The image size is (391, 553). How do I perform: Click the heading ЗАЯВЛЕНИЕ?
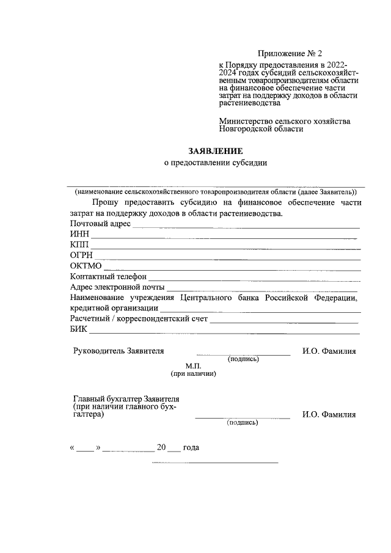(x=214, y=150)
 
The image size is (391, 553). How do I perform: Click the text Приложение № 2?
(x=287, y=54)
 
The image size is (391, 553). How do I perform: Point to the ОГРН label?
(x=81, y=255)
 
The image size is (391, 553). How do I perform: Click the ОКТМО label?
(x=86, y=266)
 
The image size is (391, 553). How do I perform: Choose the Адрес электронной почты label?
(x=117, y=287)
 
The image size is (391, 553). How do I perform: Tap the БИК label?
(x=79, y=329)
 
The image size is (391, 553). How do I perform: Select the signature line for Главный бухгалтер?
(x=243, y=418)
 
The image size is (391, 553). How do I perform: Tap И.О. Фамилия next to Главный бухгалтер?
(x=329, y=414)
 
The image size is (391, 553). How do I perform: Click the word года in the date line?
(x=191, y=447)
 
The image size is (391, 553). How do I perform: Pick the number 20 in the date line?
(x=162, y=447)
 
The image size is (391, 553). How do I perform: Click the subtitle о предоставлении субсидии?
(x=216, y=163)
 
